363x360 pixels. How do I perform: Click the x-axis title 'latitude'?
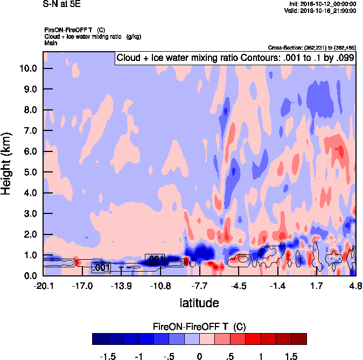point(199,303)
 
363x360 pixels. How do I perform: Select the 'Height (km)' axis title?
point(7,163)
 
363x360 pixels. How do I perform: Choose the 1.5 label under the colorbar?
point(291,356)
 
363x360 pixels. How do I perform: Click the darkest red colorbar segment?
point(299,339)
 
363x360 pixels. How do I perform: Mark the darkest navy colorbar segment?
point(100,339)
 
